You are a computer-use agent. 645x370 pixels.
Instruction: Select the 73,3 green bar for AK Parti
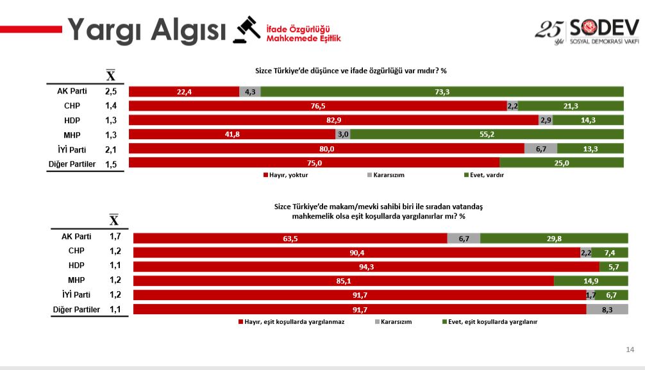point(442,92)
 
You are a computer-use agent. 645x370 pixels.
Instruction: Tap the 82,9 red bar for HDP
point(333,120)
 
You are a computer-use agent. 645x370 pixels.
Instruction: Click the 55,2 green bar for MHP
point(487,135)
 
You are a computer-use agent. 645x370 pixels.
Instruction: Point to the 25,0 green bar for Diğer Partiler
point(561,163)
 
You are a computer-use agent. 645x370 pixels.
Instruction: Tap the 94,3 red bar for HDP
point(366,266)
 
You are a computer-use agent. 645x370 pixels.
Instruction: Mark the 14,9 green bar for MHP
point(589,281)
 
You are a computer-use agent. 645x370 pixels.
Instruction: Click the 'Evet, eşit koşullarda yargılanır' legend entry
point(490,322)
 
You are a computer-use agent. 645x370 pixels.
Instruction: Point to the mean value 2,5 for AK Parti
point(111,92)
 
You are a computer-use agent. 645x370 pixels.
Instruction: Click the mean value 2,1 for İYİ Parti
point(111,149)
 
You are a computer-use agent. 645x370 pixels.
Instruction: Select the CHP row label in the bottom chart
point(76,251)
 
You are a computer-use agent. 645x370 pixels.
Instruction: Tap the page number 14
point(630,349)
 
